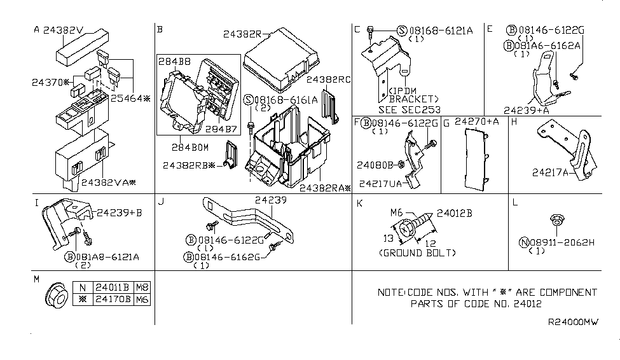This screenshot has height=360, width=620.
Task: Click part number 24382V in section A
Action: [63, 30]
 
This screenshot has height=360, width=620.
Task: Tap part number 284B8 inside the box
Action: [174, 61]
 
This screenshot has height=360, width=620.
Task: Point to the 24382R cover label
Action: [242, 34]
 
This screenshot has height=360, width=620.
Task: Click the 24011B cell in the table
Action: [113, 287]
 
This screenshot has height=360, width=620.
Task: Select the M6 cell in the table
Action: [142, 300]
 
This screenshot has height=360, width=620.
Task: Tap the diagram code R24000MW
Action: [573, 322]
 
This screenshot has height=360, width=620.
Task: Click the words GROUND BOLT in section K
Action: [418, 253]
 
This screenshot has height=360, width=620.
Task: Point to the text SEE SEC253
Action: [410, 109]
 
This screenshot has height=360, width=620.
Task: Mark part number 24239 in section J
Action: [271, 200]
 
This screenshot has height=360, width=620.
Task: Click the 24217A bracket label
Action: [550, 172]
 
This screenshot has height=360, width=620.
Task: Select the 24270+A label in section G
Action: [476, 121]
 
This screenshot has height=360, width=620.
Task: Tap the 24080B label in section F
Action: [375, 165]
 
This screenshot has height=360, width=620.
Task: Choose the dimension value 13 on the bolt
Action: [389, 238]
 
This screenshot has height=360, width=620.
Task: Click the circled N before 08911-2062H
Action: [524, 242]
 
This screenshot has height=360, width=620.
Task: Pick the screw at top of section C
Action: [370, 33]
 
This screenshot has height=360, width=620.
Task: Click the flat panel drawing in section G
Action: [476, 159]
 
